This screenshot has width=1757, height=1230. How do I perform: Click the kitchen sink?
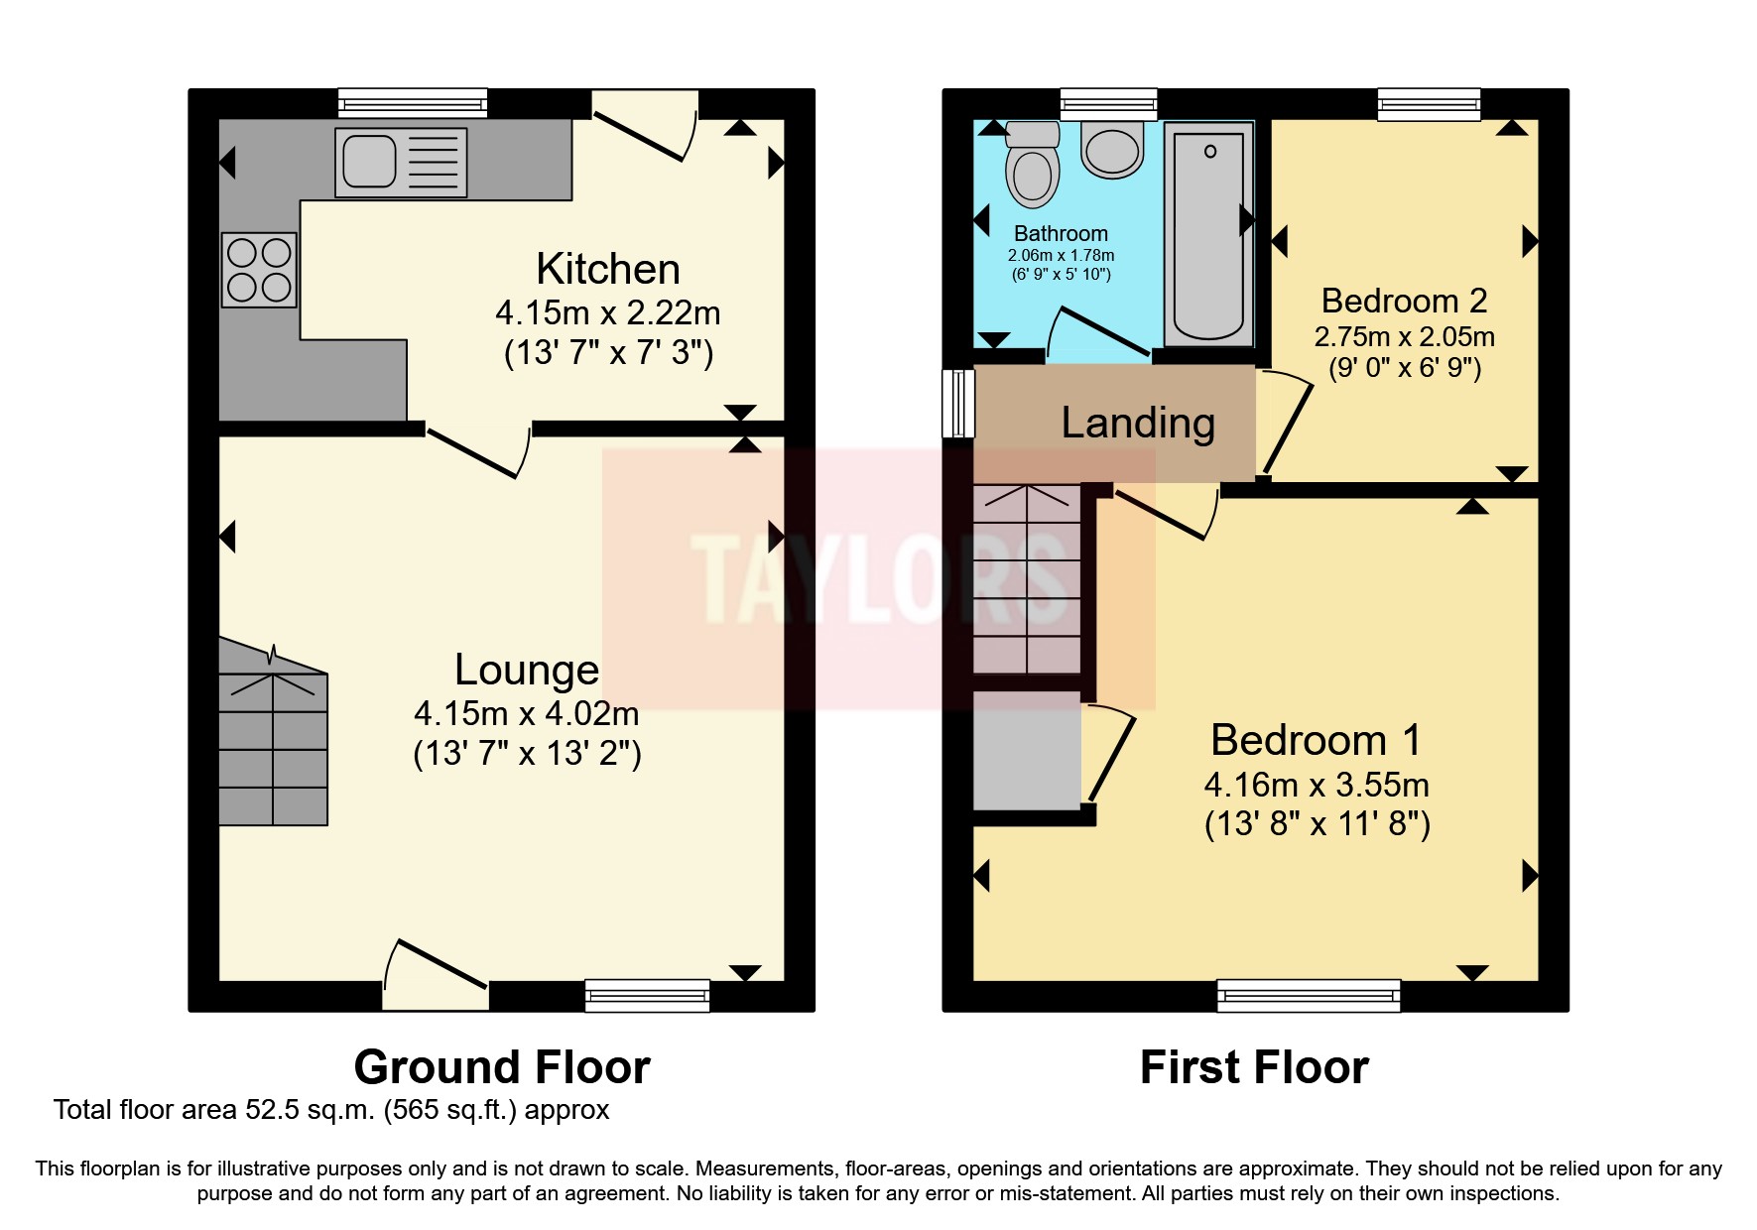pos(401,163)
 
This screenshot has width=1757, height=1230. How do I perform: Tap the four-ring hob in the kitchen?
pos(259,270)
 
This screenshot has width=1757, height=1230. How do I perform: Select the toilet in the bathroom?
pos(1033,168)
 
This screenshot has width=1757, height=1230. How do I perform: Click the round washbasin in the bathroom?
pos(1112,151)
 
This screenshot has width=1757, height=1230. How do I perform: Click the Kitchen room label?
pos(608,270)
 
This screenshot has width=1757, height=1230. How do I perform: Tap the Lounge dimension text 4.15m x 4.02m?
pos(526,713)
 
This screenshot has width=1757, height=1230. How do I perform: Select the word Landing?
pos(1138,424)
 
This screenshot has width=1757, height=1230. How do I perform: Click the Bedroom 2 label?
pos(1404,301)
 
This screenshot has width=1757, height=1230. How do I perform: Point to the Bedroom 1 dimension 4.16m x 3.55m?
pos(1317,786)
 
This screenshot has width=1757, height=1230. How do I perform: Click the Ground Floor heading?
pos(502,1068)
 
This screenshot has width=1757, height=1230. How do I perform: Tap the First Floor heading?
pos(1254,1068)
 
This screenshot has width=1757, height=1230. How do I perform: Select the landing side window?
pos(958,403)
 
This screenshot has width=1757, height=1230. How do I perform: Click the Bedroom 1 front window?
pos(1309,995)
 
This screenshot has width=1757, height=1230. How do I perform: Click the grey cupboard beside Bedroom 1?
pos(1027,750)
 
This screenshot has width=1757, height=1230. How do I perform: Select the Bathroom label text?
pos(1061,234)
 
